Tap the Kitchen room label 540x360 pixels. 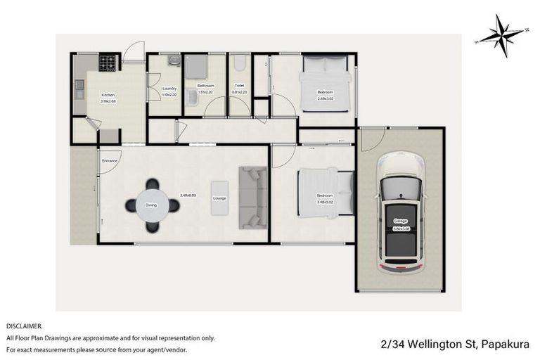pyautogui.click(x=108, y=95)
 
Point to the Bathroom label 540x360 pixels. pyautogui.click(x=205, y=86)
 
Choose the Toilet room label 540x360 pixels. pyautogui.click(x=239, y=86)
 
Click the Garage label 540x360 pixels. pyautogui.click(x=400, y=221)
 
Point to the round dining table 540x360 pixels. pyautogui.click(x=152, y=205)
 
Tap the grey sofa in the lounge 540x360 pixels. pyautogui.click(x=252, y=198)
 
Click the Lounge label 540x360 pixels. pyautogui.click(x=219, y=198)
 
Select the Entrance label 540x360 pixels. pyautogui.click(x=110, y=161)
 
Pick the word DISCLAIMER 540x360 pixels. pyautogui.click(x=25, y=326)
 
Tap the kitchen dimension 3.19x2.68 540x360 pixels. pyautogui.click(x=108, y=101)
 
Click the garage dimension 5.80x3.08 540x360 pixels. pyautogui.click(x=400, y=226)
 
